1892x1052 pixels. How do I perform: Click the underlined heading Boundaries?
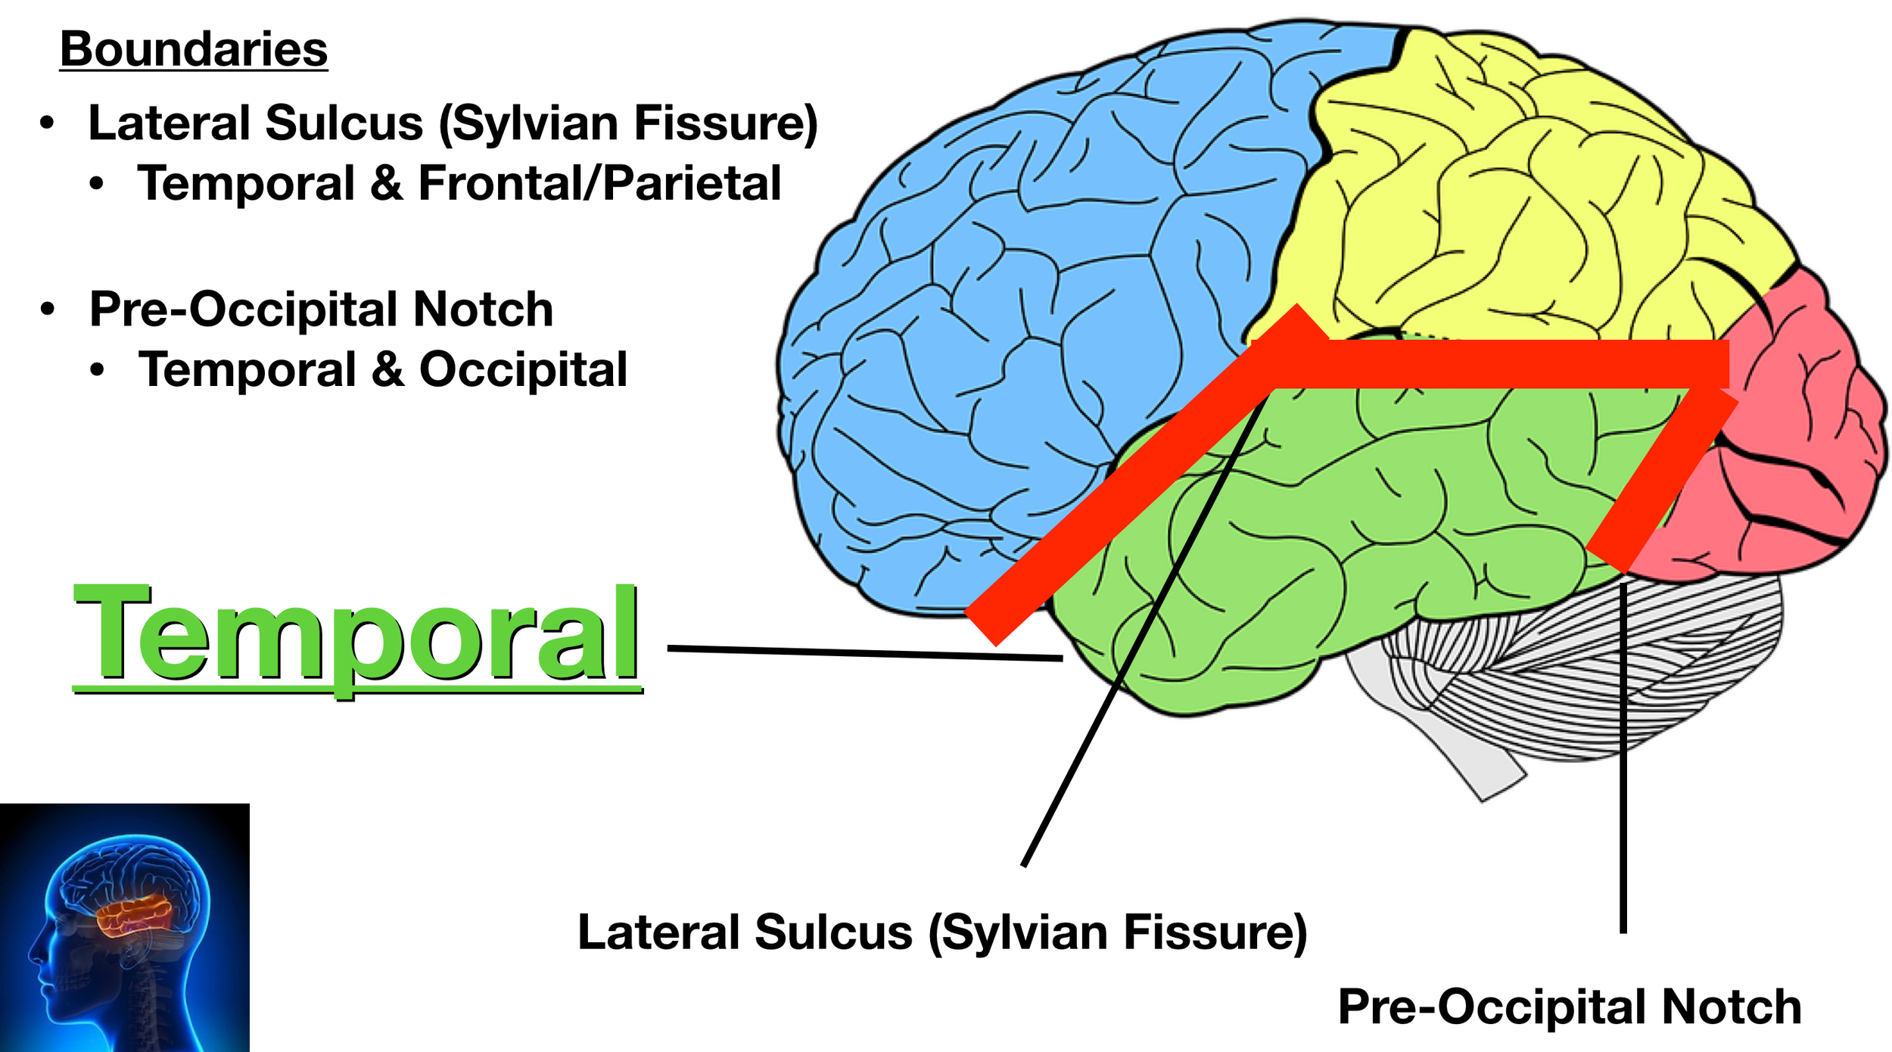click(194, 50)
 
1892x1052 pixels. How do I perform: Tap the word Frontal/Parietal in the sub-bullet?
click(599, 184)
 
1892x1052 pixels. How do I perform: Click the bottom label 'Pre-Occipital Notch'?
click(1570, 1007)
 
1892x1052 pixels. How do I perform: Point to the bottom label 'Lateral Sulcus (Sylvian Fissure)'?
click(942, 932)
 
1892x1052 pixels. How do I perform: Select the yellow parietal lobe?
click(1514, 189)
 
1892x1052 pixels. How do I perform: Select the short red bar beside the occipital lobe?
click(1661, 481)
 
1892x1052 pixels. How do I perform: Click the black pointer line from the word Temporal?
click(865, 653)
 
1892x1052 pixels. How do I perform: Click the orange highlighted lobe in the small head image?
click(135, 915)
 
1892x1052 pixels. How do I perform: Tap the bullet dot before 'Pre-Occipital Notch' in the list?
click(48, 309)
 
